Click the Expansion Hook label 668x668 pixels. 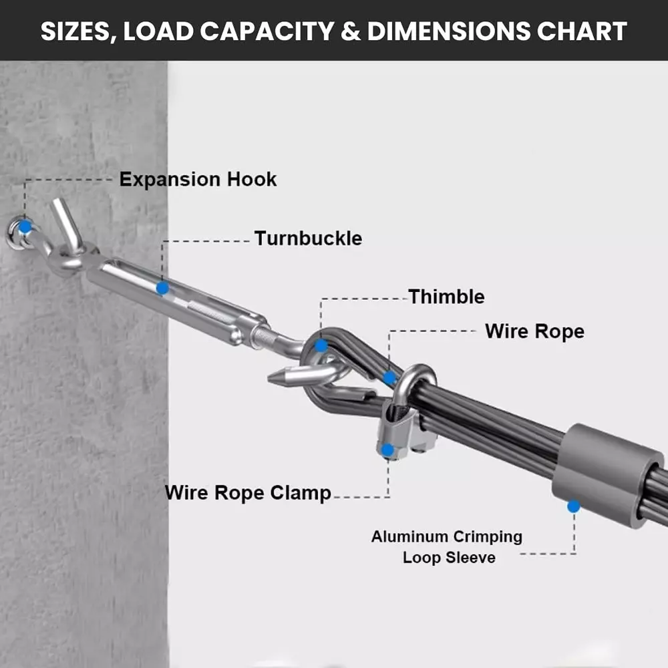198,179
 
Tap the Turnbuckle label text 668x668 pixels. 308,238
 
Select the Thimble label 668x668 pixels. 446,297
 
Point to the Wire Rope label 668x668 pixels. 534,331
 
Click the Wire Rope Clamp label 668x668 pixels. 248,493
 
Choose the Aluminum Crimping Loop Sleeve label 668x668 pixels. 447,547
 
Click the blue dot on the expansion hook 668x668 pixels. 25,226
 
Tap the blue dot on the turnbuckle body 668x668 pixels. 162,289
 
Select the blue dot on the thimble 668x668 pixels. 321,345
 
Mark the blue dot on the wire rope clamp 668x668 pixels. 387,450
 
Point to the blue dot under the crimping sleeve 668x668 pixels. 573,506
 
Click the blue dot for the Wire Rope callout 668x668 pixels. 389,378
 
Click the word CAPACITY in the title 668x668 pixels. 267,31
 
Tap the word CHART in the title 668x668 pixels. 582,31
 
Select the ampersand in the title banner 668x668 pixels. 350,31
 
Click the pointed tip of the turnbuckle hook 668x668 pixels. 270,377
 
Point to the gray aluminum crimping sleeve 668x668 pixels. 607,475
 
